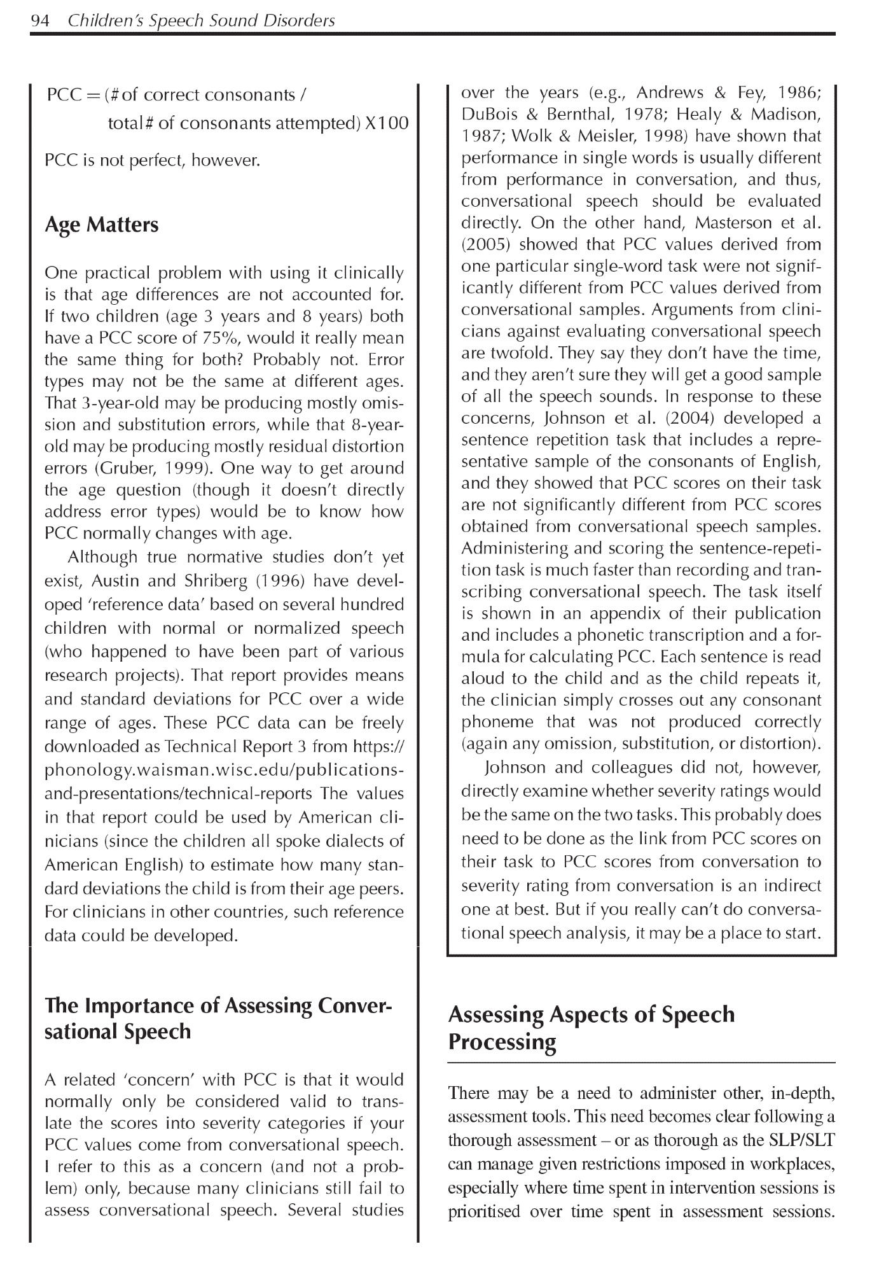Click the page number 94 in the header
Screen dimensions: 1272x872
coord(39,21)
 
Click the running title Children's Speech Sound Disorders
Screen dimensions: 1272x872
coord(201,21)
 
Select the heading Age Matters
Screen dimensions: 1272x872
coord(101,225)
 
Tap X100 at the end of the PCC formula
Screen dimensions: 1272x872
coord(387,123)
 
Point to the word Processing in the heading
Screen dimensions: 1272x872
coord(502,1042)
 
